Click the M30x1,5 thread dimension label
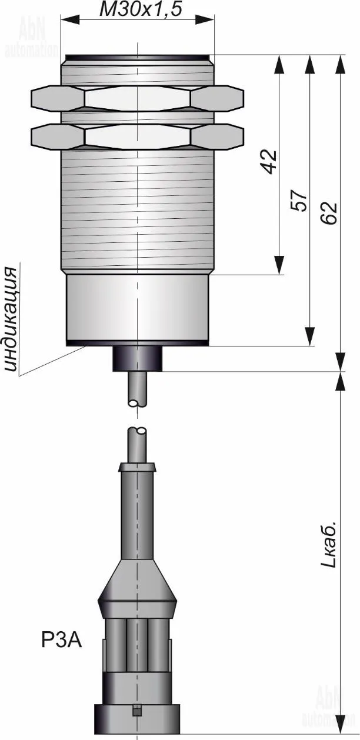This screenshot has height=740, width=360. coord(141,9)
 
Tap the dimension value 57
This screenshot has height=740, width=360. coord(299,201)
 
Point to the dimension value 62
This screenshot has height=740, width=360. coord(330,213)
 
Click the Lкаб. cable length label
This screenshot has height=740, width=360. coord(329,549)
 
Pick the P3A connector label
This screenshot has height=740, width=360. coord(61,641)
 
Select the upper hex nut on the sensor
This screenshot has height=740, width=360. coord(137,98)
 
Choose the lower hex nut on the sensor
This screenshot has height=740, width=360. coord(137,136)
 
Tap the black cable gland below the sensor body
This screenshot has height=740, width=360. coord(138,358)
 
